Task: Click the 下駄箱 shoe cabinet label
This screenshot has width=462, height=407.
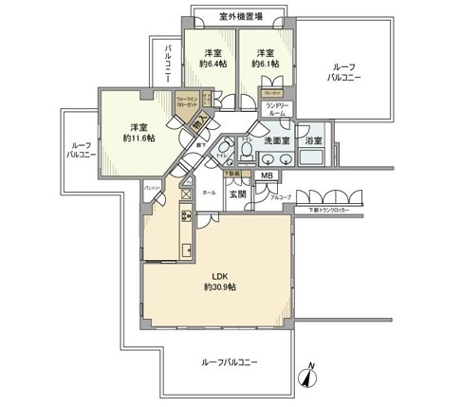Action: click(x=231, y=174)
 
